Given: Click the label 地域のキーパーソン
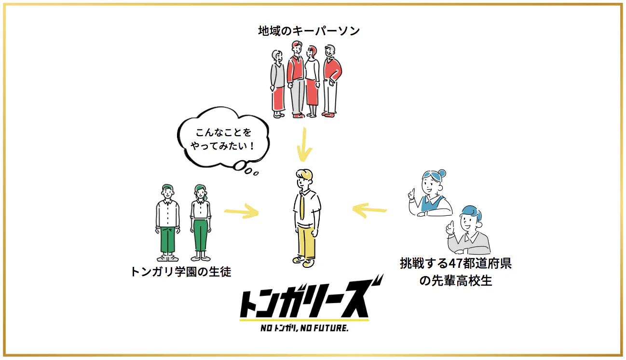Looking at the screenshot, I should (x=309, y=31).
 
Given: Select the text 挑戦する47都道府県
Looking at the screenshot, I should (x=455, y=263).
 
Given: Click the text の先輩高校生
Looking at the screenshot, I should (x=455, y=280).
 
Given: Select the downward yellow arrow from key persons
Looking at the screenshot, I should (x=303, y=144).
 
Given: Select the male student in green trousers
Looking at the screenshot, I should (x=167, y=222).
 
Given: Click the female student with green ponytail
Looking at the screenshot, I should (x=200, y=222).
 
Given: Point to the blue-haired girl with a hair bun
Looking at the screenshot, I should (x=431, y=193).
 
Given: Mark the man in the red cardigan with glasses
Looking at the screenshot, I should (x=331, y=80).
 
